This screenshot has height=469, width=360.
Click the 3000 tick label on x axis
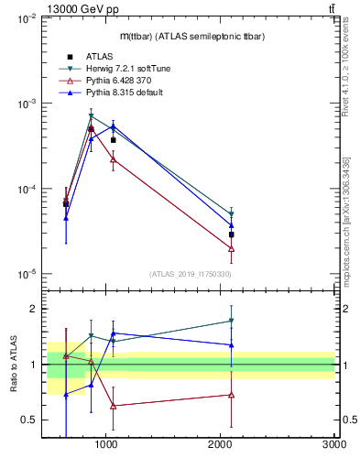334,444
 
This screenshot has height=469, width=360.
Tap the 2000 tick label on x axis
221,444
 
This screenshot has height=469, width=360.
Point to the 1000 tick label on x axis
106,444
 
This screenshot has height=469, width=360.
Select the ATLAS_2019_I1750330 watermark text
190,274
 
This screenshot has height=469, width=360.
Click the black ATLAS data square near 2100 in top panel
232,234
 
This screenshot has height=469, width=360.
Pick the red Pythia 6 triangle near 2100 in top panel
232,248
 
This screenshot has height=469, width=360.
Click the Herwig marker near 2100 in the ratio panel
232,321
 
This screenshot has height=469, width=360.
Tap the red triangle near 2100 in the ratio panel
232,395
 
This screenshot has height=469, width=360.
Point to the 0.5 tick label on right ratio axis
349,420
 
